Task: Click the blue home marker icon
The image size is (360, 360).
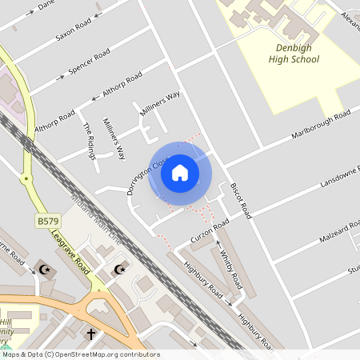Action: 180,173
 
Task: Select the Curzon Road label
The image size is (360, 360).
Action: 210,232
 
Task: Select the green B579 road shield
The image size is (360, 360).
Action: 46,220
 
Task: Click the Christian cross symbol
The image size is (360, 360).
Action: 90,333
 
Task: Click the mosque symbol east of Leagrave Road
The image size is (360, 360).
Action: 121,269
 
